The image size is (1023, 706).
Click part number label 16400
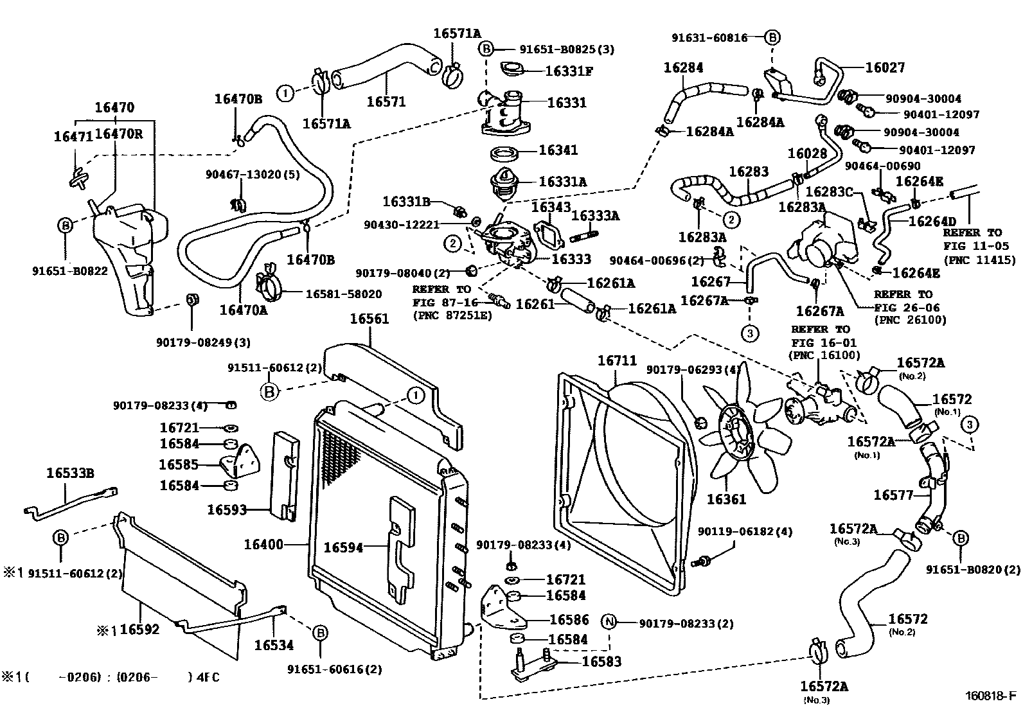263,545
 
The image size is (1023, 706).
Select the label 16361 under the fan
726,499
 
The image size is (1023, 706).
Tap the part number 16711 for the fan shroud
617,361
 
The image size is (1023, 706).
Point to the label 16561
369,319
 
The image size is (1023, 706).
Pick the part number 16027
885,67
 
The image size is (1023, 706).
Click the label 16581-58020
343,294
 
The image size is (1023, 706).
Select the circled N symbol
609,623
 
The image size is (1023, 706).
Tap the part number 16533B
70,473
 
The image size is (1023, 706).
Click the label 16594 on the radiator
343,547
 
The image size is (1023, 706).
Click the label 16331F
569,71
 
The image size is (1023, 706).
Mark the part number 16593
227,509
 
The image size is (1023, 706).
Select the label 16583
601,661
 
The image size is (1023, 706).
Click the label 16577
893,495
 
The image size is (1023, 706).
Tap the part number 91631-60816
710,38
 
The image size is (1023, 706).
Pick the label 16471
73,136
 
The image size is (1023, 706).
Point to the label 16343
551,207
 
